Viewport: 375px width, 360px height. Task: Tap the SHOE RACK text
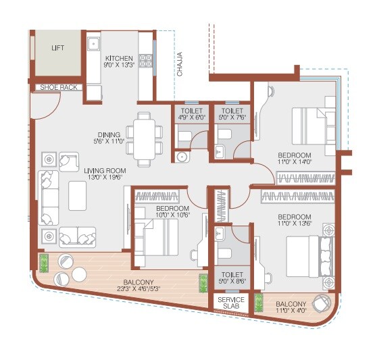coord(57,87)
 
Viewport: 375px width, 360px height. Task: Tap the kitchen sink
coord(93,47)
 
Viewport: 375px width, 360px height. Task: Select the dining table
coord(143,138)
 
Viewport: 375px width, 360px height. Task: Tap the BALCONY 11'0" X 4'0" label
coord(291,307)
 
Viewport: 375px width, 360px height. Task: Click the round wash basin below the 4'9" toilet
coord(180,157)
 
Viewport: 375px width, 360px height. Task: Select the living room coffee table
coord(76,197)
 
